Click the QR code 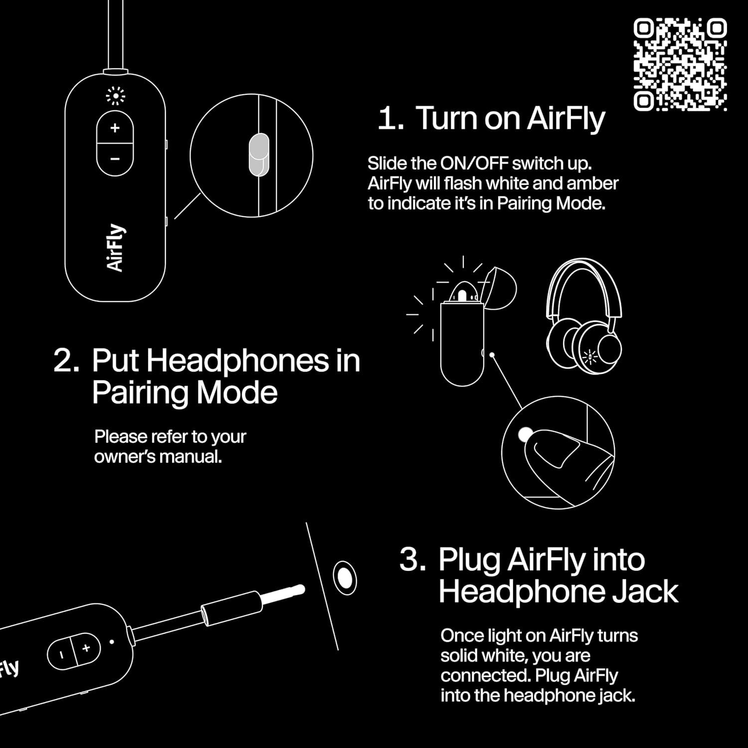click(x=680, y=64)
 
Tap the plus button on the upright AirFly click(x=115, y=128)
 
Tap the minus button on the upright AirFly click(x=115, y=159)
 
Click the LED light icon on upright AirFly click(x=116, y=96)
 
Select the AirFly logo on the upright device click(x=116, y=248)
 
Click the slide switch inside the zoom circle click(x=259, y=154)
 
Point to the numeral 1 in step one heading click(x=388, y=119)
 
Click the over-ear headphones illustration click(x=584, y=314)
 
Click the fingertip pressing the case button click(x=554, y=451)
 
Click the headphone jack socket click(x=344, y=577)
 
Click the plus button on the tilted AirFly click(x=86, y=648)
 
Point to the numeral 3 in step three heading click(x=412, y=560)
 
